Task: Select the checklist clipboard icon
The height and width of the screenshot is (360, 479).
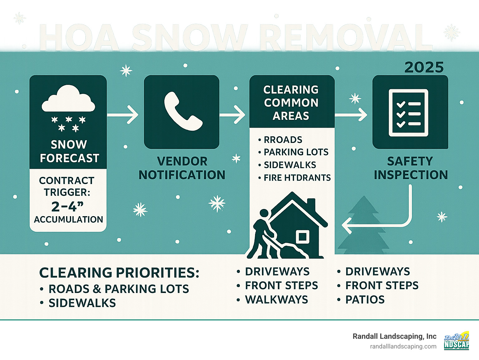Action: coord(409,113)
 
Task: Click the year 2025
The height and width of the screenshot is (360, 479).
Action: coord(424,67)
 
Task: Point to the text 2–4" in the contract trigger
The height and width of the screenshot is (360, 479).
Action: coord(68,206)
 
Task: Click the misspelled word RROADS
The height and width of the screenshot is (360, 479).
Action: coord(283,139)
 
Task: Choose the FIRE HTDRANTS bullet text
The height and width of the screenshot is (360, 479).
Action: coord(297,178)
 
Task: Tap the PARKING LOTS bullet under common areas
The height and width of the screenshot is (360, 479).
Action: coord(296,152)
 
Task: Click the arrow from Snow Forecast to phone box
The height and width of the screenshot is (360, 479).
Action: coord(123,115)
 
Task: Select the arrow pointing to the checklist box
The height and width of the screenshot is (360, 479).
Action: coord(351,114)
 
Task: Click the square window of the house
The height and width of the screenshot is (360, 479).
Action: coord(302,237)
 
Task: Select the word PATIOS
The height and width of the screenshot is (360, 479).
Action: coord(365,299)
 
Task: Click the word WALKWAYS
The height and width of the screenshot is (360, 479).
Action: coord(276,299)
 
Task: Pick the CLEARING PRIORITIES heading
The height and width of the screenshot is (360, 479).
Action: coord(119,273)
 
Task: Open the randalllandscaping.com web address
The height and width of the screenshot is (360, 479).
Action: coord(403,346)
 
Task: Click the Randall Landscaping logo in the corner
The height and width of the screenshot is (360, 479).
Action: coord(456,340)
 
